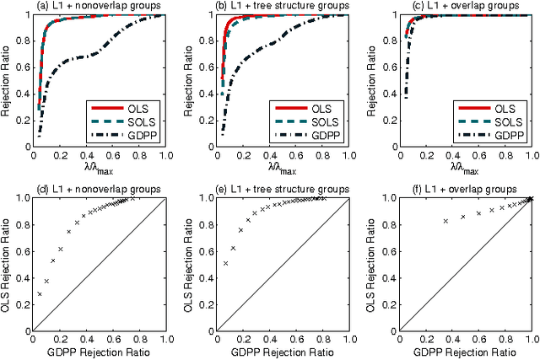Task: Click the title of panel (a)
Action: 97,7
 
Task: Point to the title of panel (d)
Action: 97,188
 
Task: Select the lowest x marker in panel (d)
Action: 40,293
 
